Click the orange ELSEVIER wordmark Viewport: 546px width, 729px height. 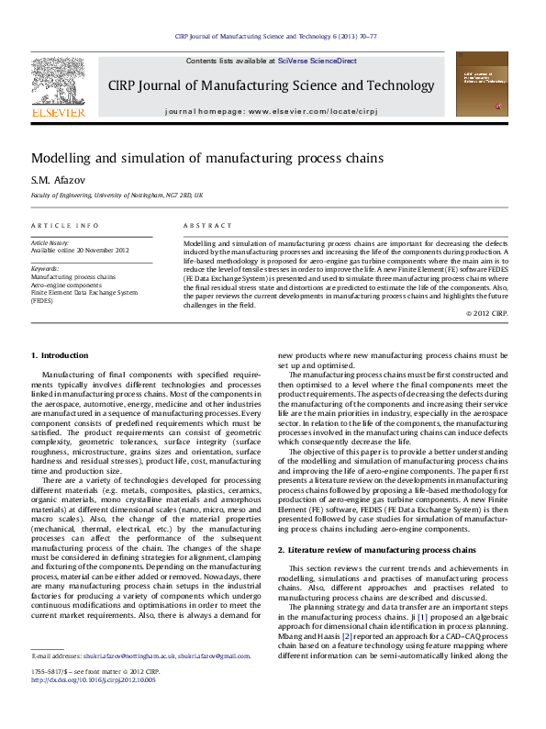pos(58,112)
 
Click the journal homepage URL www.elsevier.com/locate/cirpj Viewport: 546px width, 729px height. pos(315,110)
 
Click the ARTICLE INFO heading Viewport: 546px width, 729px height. pos(65,225)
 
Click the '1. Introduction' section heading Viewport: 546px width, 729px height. pos(60,355)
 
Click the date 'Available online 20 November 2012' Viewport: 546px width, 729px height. pos(80,250)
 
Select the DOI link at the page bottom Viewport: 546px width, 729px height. pos(94,680)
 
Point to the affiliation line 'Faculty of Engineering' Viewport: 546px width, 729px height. pos(117,196)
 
